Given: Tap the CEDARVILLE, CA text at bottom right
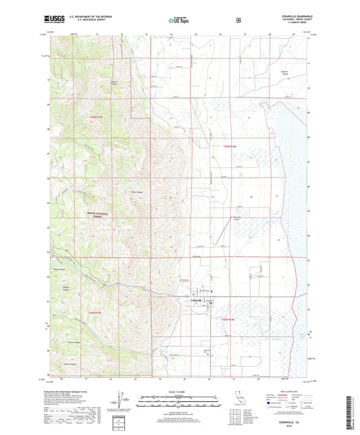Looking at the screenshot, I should (290, 418).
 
